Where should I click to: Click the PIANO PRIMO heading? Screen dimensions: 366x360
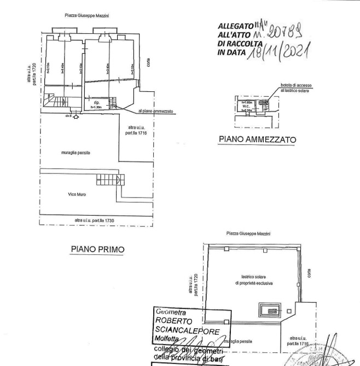point(98,249)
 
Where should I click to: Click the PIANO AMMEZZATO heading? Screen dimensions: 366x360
point(257,140)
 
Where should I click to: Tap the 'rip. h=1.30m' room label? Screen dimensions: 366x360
point(96,104)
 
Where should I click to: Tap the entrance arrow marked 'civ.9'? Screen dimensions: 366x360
point(75,117)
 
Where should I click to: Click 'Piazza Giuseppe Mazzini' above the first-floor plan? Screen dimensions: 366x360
point(84,16)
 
